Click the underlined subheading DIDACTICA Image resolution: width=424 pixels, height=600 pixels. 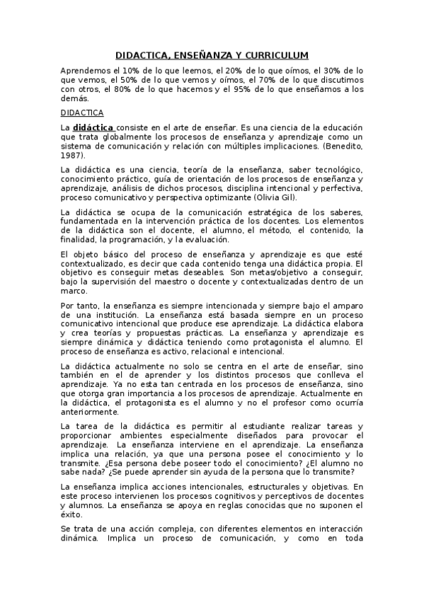[82, 112]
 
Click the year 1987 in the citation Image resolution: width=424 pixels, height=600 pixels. [71, 155]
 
